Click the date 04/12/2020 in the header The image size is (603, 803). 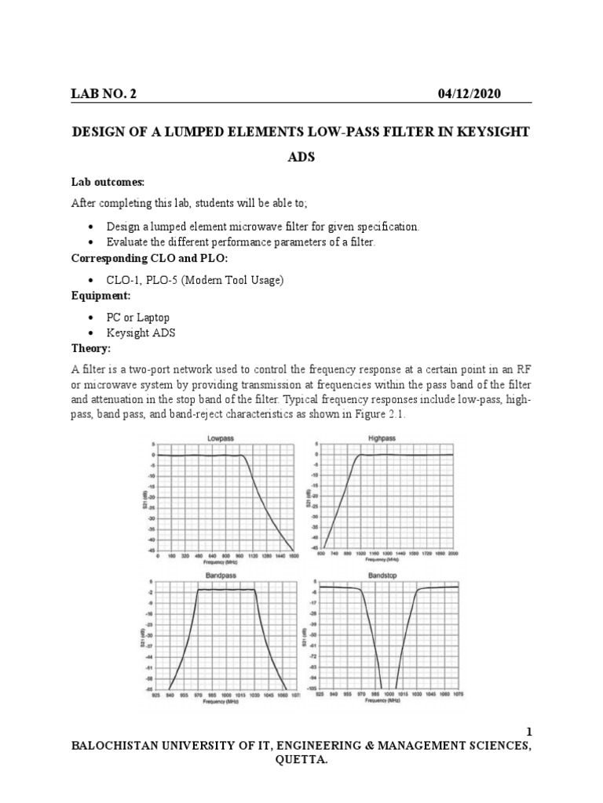pyautogui.click(x=469, y=94)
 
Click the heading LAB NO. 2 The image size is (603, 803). pyautogui.click(x=104, y=94)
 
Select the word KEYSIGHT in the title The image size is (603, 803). pyautogui.click(x=499, y=131)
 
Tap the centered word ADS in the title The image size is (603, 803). pyautogui.click(x=301, y=157)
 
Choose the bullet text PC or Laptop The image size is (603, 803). pyautogui.click(x=139, y=318)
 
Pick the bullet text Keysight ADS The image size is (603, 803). pyautogui.click(x=142, y=332)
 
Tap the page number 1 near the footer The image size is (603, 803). pyautogui.click(x=528, y=732)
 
